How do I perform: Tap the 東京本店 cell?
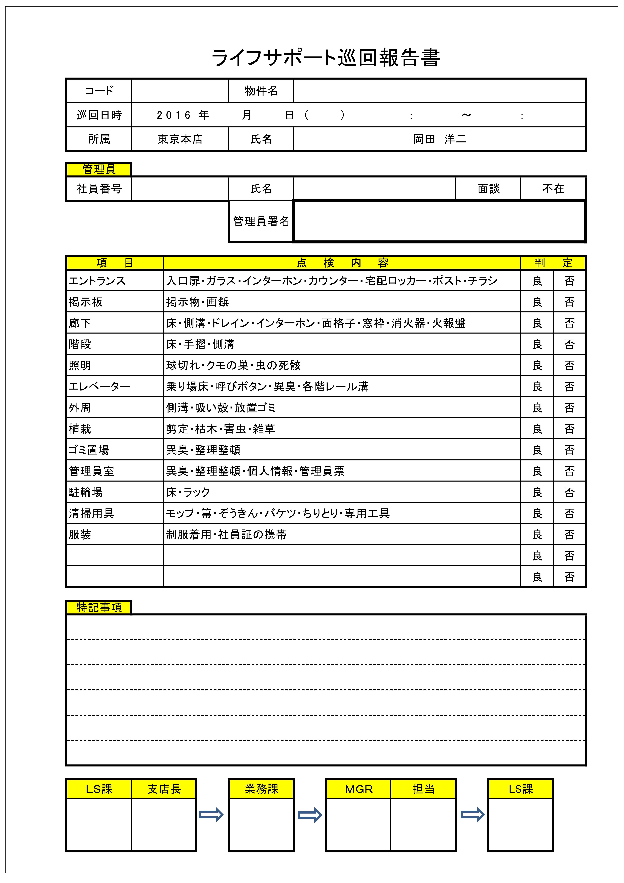(180, 139)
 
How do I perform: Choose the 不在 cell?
(553, 188)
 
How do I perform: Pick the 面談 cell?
(488, 188)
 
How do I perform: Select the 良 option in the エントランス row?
(537, 281)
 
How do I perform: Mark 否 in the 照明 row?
(569, 365)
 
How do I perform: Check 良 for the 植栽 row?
(537, 429)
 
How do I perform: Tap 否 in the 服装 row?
(569, 535)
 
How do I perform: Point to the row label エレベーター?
(99, 387)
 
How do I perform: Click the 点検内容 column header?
(342, 263)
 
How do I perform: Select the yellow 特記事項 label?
(99, 608)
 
